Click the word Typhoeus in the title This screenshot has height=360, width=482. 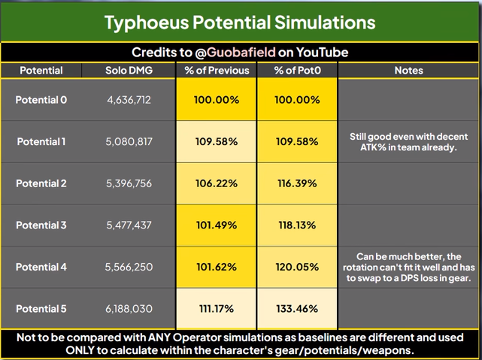point(147,23)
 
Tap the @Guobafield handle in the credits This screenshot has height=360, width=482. point(235,52)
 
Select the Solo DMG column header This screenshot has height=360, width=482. point(129,71)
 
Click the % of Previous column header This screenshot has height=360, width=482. point(217,71)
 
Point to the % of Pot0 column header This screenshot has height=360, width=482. point(297,71)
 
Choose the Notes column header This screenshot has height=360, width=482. point(408,71)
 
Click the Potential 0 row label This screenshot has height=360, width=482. point(41,100)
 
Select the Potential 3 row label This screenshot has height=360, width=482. point(41,225)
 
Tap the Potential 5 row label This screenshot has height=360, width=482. point(41,309)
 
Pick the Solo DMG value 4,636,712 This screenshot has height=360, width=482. point(129,100)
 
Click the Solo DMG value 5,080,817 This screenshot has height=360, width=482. point(129,141)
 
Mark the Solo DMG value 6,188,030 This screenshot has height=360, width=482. point(129,309)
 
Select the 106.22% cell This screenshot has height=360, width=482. point(217,183)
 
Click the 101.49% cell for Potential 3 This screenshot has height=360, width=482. point(217,225)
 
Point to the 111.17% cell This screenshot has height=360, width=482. point(217,309)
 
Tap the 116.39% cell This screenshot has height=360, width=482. point(297,183)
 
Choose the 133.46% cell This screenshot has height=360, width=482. point(297,309)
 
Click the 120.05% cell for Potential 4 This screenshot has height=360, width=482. point(297,267)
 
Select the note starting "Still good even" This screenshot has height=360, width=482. point(408,142)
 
